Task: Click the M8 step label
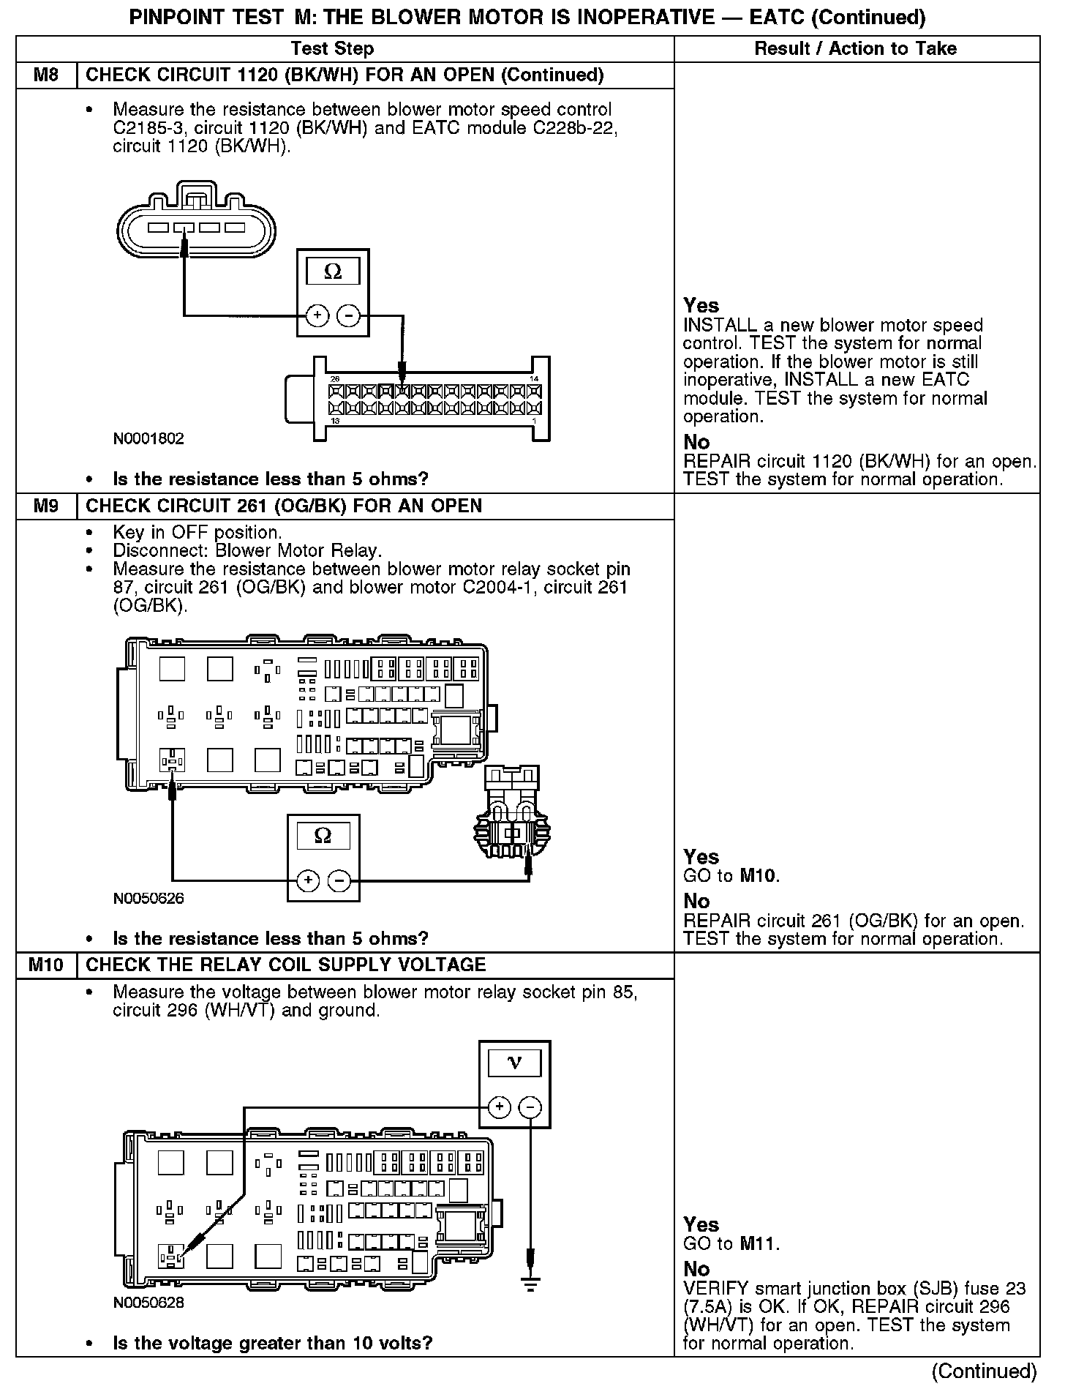46,75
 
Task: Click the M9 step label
46,506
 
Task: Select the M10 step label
46,965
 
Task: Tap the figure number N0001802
148,439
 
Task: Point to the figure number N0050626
148,899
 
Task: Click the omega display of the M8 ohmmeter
333,272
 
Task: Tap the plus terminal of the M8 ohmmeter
317,315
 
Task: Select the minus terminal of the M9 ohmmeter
339,880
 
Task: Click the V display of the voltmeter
515,1063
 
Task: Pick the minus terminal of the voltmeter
531,1107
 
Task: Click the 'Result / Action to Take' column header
856,49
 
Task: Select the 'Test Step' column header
332,49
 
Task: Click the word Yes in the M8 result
701,305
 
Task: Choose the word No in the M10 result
696,1268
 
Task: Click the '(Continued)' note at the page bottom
985,1371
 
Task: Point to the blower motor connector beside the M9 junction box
513,819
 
